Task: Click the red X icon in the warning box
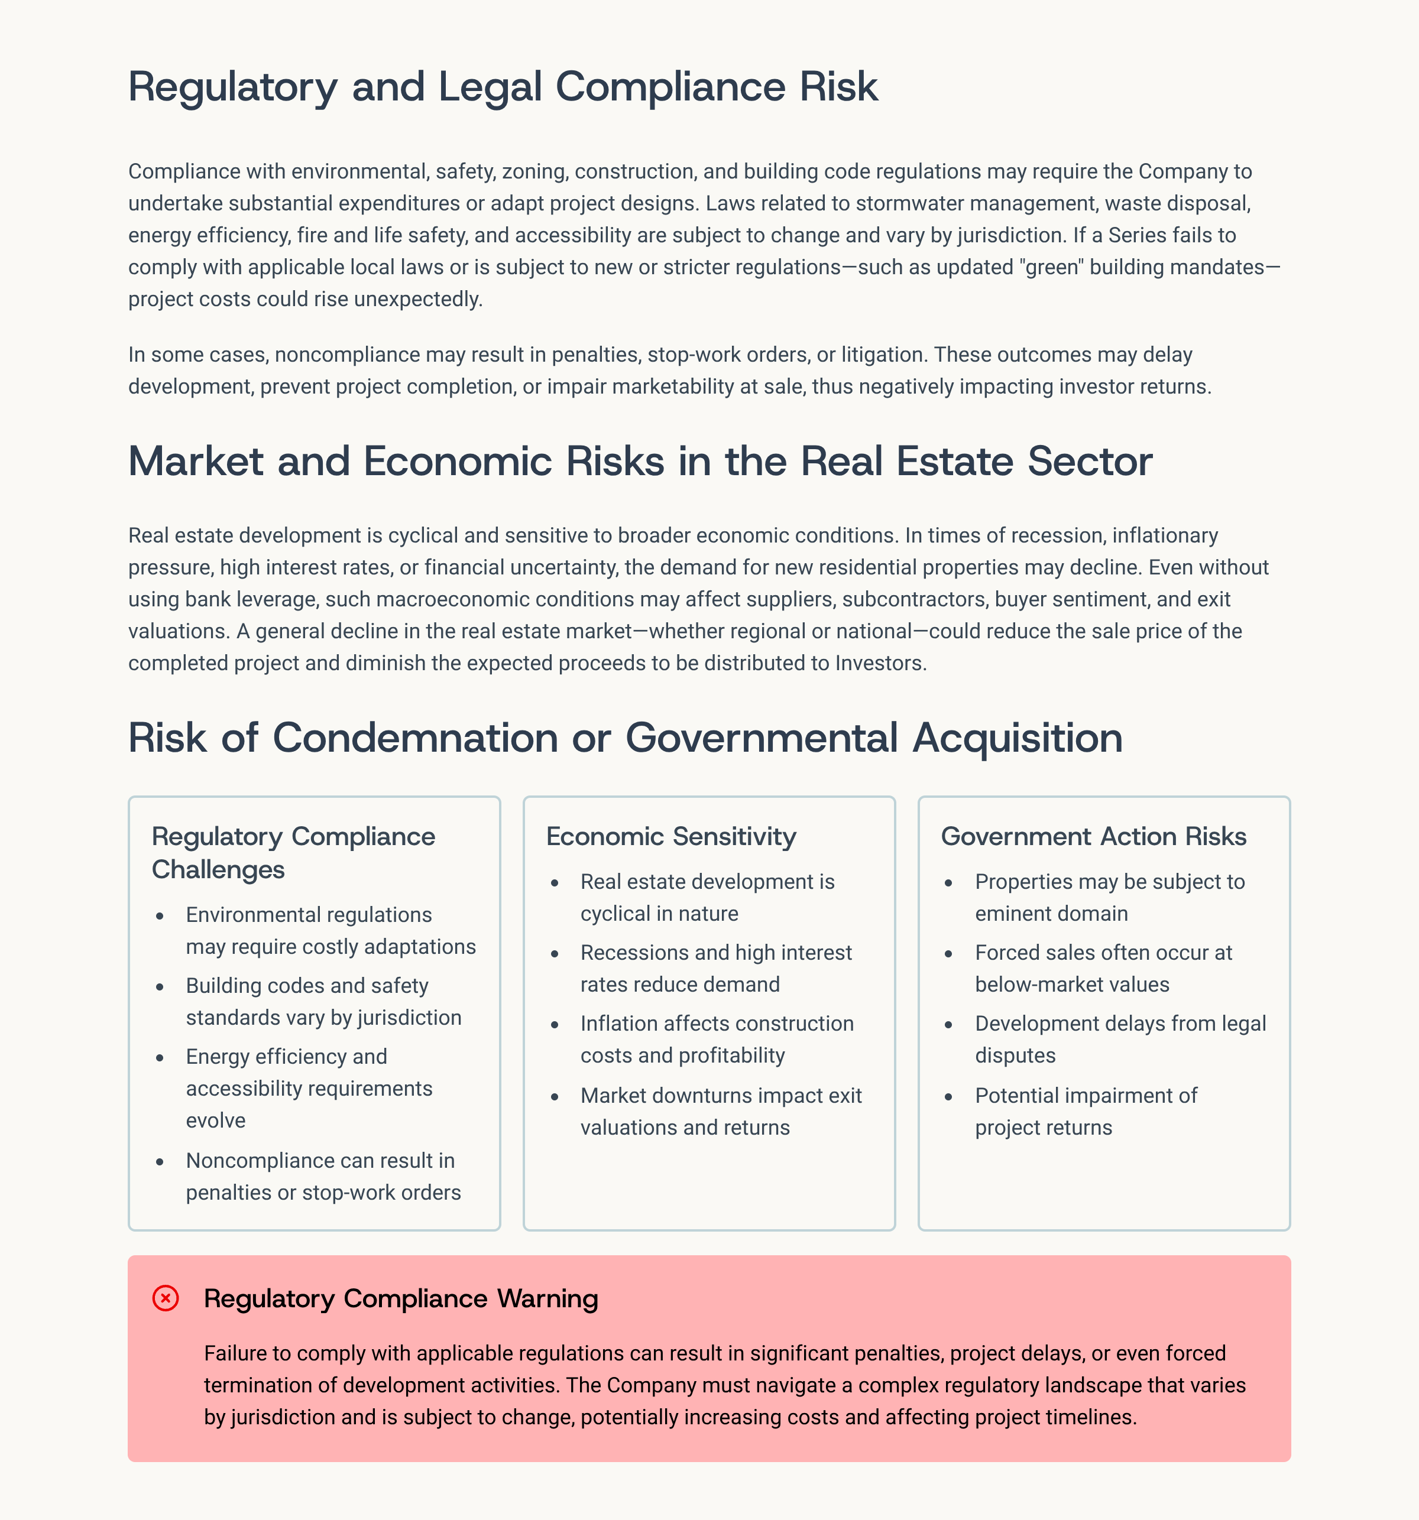(165, 1298)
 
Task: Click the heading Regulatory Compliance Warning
(401, 1298)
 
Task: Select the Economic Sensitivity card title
(671, 836)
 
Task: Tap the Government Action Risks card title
(1093, 836)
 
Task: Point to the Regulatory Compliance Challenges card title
(293, 853)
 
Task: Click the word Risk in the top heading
(839, 86)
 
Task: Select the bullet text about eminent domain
(1109, 898)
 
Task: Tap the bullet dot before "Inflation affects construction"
(555, 1025)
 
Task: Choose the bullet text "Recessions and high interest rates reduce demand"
(716, 969)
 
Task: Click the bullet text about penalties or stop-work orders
(323, 1177)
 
